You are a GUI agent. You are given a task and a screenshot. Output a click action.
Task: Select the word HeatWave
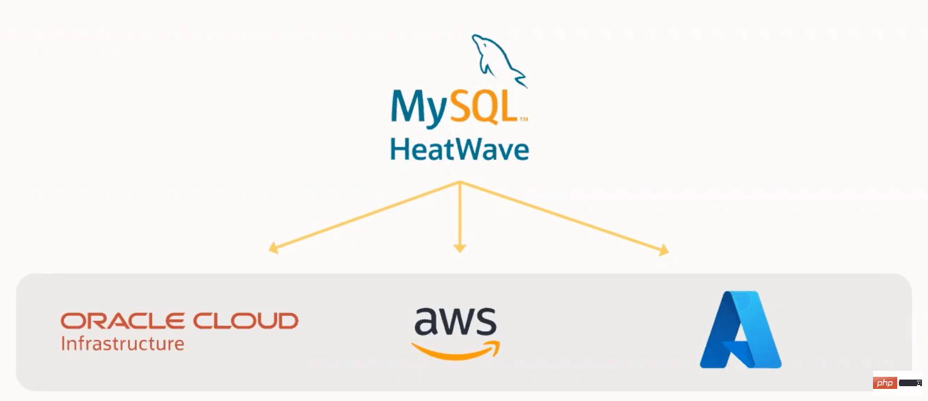[460, 149]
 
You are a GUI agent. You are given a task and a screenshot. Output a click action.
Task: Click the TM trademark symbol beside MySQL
[524, 119]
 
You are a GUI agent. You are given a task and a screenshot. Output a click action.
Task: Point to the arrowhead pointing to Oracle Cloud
[273, 248]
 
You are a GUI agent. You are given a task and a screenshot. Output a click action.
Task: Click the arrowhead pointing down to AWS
[460, 249]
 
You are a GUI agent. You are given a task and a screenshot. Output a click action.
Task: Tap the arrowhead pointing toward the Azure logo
[664, 250]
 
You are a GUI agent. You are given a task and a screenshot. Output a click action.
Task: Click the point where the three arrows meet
[460, 182]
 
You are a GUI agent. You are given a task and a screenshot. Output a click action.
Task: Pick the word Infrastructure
[122, 344]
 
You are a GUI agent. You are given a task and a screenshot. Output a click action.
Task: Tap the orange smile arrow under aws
[456, 351]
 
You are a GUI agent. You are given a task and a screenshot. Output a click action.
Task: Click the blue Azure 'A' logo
[740, 330]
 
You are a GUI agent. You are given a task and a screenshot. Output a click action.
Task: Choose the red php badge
[885, 383]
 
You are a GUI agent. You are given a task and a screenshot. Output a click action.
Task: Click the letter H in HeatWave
[397, 149]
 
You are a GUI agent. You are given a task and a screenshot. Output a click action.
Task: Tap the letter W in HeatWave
[472, 149]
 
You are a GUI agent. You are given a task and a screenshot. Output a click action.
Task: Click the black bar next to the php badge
[910, 383]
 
